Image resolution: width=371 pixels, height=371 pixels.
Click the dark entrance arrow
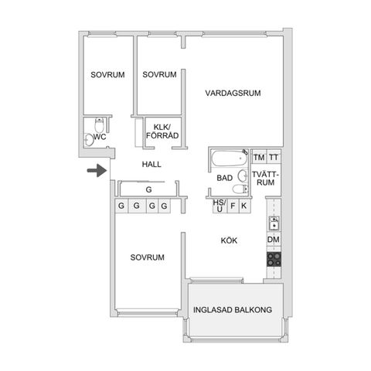97,170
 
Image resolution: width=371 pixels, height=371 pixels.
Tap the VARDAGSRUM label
233,93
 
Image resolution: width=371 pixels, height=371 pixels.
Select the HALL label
151,165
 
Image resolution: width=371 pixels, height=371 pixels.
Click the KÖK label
229,240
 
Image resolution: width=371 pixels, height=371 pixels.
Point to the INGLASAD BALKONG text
233,310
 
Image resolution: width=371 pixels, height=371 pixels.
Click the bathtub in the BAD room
229,158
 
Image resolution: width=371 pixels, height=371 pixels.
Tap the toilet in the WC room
99,124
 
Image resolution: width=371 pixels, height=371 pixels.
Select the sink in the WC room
89,140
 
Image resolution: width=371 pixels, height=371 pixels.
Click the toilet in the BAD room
240,189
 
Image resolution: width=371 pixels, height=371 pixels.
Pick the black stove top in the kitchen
274,260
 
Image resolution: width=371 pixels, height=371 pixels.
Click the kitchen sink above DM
274,223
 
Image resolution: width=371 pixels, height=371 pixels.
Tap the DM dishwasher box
274,240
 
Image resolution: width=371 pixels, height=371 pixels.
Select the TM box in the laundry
259,157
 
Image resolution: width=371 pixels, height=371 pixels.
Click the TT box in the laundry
274,157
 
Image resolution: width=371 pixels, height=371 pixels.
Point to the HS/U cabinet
220,206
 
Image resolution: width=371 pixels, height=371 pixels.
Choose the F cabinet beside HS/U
233,206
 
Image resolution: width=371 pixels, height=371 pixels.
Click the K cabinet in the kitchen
244,206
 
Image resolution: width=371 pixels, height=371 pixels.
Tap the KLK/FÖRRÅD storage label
162,131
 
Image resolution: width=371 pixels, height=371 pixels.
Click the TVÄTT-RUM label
266,179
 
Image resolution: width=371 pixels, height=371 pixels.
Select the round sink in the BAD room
243,176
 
